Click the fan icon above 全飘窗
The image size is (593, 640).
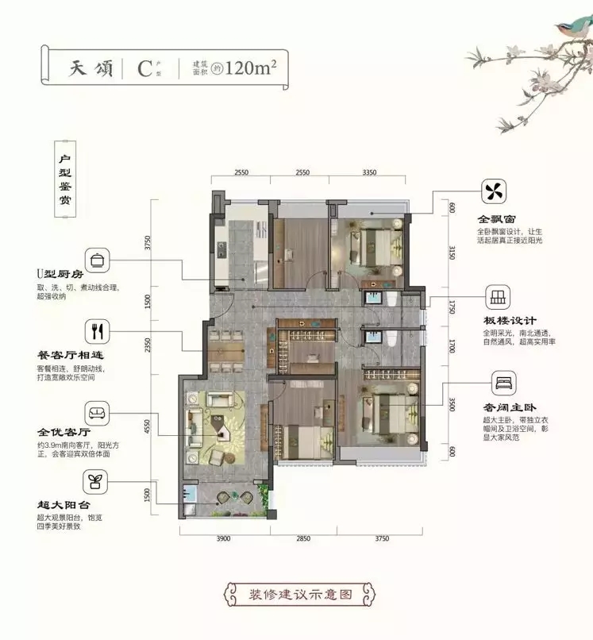pyautogui.click(x=494, y=191)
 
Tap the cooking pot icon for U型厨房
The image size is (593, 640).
pyautogui.click(x=97, y=260)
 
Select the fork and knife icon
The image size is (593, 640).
pyautogui.click(x=97, y=331)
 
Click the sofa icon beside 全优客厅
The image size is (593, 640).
pyautogui.click(x=97, y=413)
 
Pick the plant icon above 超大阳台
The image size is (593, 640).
pyautogui.click(x=95, y=482)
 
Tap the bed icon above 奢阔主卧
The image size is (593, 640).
pyautogui.click(x=503, y=383)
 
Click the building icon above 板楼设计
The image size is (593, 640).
pyautogui.click(x=498, y=297)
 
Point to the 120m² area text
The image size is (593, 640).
pyautogui.click(x=250, y=67)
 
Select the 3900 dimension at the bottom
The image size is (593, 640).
pyautogui.click(x=223, y=538)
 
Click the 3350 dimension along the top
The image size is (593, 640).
pyautogui.click(x=369, y=172)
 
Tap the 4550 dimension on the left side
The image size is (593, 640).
pyautogui.click(x=148, y=426)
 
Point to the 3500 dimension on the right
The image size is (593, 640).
pyautogui.click(x=452, y=404)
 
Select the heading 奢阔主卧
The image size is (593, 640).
pyautogui.click(x=510, y=407)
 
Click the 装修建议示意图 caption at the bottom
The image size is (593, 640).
pyautogui.click(x=300, y=594)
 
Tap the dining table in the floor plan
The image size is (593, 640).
pyautogui.click(x=226, y=352)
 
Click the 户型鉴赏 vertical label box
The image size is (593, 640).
pyautogui.click(x=65, y=179)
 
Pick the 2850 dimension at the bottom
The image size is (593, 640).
pyautogui.click(x=303, y=538)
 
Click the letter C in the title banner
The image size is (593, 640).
pyautogui.click(x=145, y=68)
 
